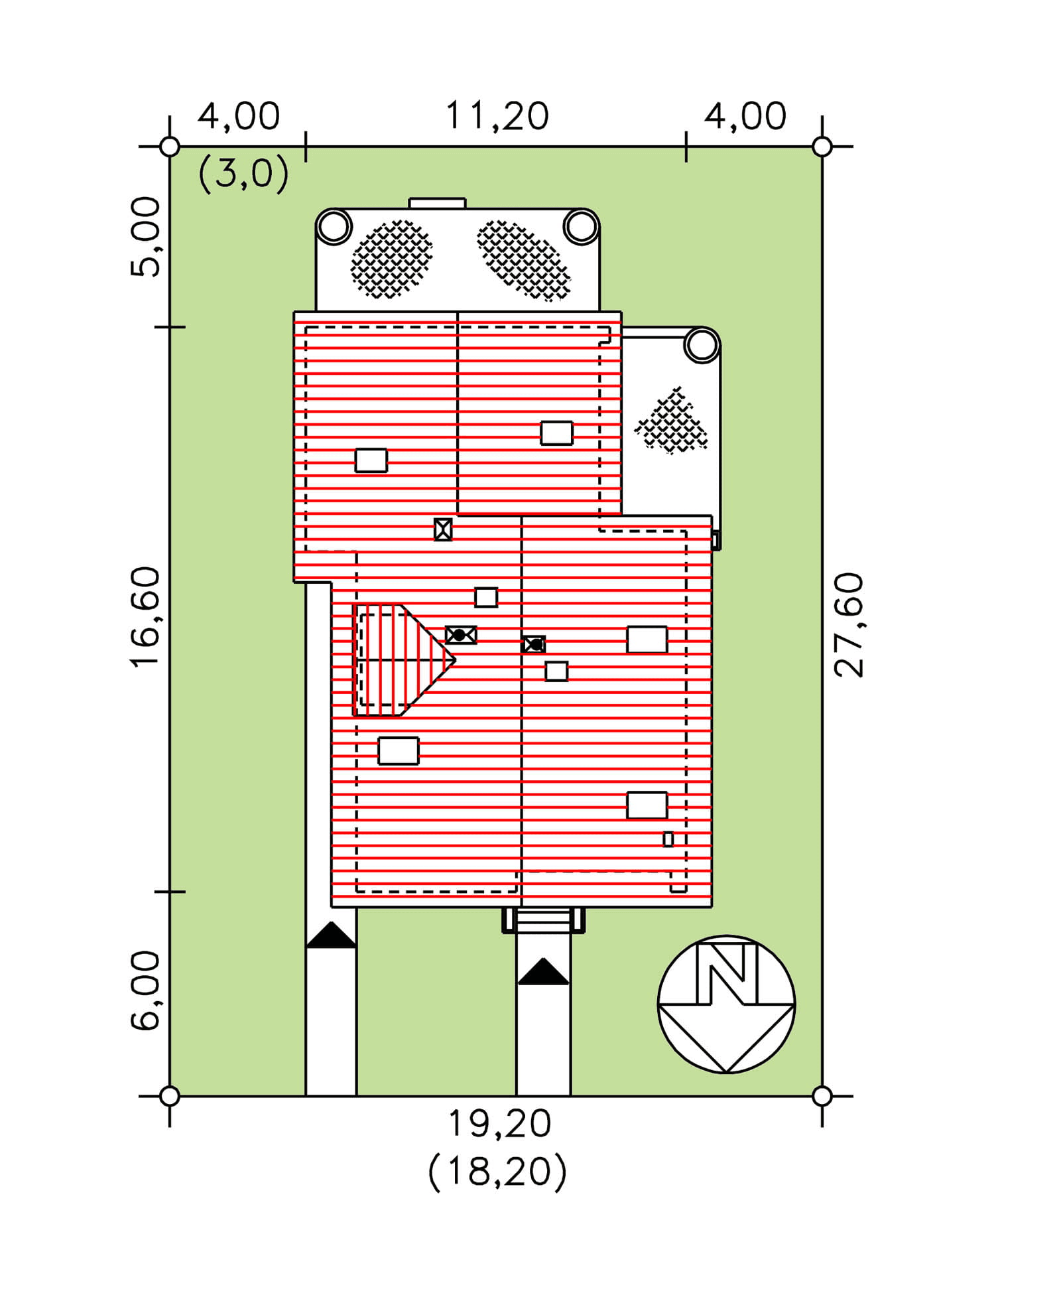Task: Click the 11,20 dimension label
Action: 497,116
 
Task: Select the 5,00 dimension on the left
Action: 145,237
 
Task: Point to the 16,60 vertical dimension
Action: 145,616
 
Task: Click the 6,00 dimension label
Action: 145,990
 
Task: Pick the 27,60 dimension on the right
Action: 849,624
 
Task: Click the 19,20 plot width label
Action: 499,1123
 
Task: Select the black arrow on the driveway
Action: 331,935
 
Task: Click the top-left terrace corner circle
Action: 334,226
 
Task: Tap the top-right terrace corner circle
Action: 582,226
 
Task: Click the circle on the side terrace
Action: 702,345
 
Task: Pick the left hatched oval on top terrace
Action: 391,259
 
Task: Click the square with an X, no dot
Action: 443,529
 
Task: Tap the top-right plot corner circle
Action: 822,147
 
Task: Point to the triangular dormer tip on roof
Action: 454,660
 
